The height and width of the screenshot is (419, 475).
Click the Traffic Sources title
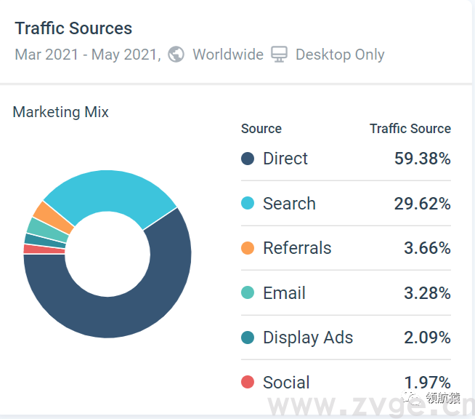click(73, 28)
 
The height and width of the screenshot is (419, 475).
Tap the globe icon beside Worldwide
click(176, 55)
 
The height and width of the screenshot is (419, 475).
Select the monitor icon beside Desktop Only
click(280, 55)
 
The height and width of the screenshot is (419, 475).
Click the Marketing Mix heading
click(61, 112)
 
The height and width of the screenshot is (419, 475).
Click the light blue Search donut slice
click(109, 192)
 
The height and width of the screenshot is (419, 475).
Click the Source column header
click(261, 129)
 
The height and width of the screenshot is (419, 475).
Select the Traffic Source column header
click(410, 129)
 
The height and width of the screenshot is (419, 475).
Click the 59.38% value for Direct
click(422, 159)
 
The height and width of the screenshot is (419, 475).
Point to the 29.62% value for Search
click(422, 204)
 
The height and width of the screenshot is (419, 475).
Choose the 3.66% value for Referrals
click(427, 248)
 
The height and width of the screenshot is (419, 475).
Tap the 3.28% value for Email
click(427, 293)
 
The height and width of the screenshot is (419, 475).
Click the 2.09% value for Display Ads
click(427, 338)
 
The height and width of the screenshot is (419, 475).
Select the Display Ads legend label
click(308, 338)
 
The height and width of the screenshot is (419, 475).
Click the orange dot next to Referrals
click(248, 248)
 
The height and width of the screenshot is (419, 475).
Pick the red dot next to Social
click(248, 383)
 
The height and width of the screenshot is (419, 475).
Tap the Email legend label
click(284, 293)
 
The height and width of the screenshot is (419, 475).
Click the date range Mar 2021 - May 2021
click(87, 55)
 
